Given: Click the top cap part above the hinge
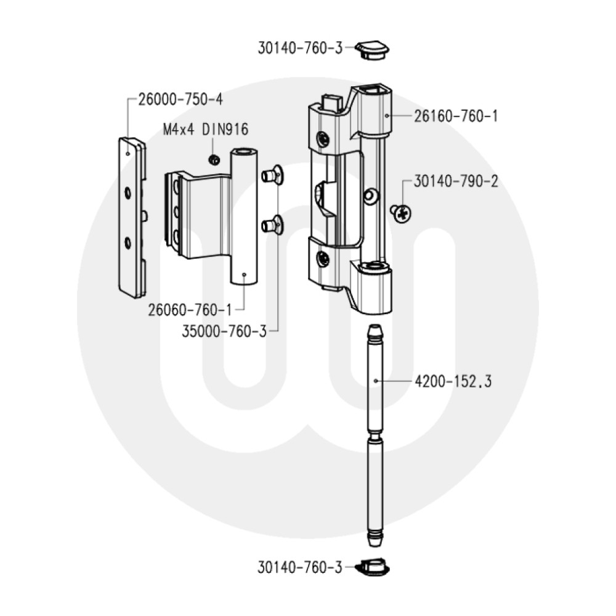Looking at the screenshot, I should (373, 50).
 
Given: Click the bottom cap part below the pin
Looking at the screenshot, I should (373, 567).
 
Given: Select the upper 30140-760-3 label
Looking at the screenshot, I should (299, 48).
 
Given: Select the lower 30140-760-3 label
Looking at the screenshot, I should (299, 568).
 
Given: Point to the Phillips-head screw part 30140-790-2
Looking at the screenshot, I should (402, 213).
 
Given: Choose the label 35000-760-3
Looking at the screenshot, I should (224, 331).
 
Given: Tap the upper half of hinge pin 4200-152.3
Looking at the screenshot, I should (375, 379).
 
